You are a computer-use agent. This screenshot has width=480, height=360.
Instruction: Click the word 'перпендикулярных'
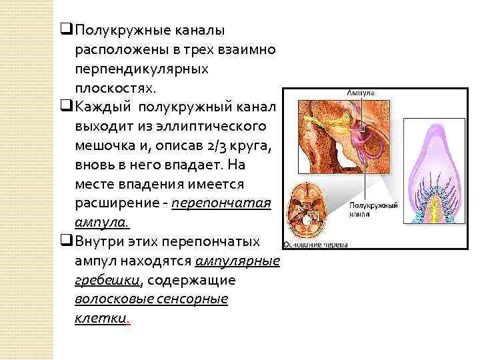click(x=142, y=69)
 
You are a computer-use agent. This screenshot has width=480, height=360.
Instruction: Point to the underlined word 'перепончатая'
click(x=221, y=203)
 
